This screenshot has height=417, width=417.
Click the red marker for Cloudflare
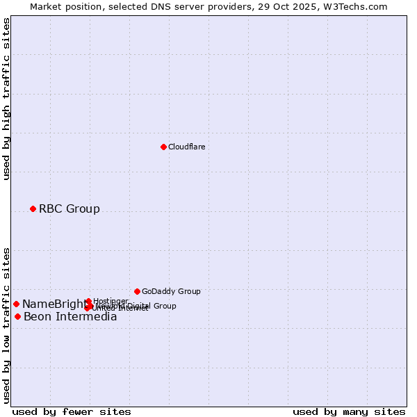point(163,147)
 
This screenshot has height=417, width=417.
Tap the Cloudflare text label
point(186,147)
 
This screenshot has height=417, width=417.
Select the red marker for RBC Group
point(33,208)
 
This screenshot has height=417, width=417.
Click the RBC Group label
point(69,208)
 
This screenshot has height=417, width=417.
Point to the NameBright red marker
point(16,304)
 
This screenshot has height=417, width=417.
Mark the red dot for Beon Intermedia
point(17,316)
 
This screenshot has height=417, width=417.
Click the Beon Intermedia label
point(70,317)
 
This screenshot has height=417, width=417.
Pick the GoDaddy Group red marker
point(137,291)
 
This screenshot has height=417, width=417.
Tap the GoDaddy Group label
point(171,291)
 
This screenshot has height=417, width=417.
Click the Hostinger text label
point(111,301)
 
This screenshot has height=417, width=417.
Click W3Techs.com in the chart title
point(357,6)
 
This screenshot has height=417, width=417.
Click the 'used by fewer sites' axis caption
point(72,411)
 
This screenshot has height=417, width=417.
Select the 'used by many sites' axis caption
point(349,411)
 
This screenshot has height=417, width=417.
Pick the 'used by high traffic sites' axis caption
point(6,99)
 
